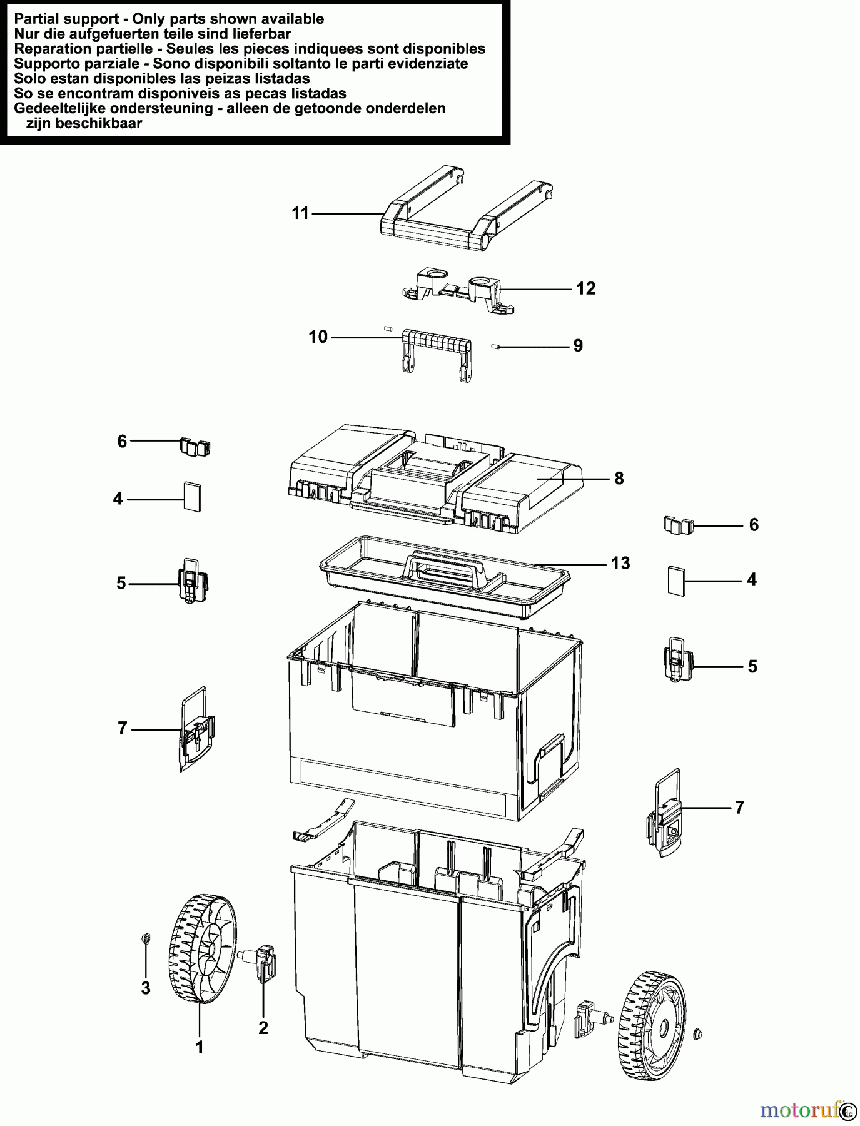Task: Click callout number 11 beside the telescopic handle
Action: click(300, 214)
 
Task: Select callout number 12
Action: click(585, 288)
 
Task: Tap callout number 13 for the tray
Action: click(620, 564)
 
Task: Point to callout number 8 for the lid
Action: click(619, 479)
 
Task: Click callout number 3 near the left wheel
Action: click(146, 988)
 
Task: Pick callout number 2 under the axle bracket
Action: click(263, 1028)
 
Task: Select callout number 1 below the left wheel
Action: click(200, 1047)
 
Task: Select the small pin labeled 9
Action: click(496, 345)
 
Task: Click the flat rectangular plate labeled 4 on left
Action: click(193, 497)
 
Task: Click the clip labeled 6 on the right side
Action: click(679, 525)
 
